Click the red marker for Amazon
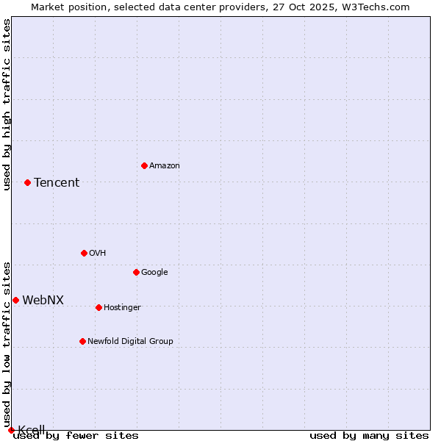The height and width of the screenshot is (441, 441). (x=144, y=165)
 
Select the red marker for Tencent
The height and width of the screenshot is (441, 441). (x=27, y=182)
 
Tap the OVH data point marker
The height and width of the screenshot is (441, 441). (x=84, y=253)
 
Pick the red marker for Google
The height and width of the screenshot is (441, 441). (x=136, y=272)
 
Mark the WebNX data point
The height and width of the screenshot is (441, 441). (x=15, y=300)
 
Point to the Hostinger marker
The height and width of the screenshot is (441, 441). (x=98, y=307)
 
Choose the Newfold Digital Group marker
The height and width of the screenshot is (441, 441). (x=82, y=341)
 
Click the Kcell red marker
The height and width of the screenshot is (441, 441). (x=11, y=430)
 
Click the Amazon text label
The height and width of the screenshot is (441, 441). (x=165, y=165)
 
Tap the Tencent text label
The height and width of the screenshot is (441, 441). (x=57, y=183)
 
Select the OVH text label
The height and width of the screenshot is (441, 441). (x=98, y=253)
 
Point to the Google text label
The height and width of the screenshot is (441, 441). (x=154, y=272)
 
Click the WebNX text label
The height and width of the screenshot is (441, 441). (x=43, y=300)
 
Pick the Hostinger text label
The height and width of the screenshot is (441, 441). (x=122, y=307)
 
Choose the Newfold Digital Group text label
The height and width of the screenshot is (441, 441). (x=130, y=341)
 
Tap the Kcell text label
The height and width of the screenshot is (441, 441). (x=32, y=429)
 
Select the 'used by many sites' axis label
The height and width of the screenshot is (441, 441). (x=369, y=436)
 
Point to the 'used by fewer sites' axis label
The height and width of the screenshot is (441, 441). (x=76, y=436)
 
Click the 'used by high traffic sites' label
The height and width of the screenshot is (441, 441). (x=7, y=104)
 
